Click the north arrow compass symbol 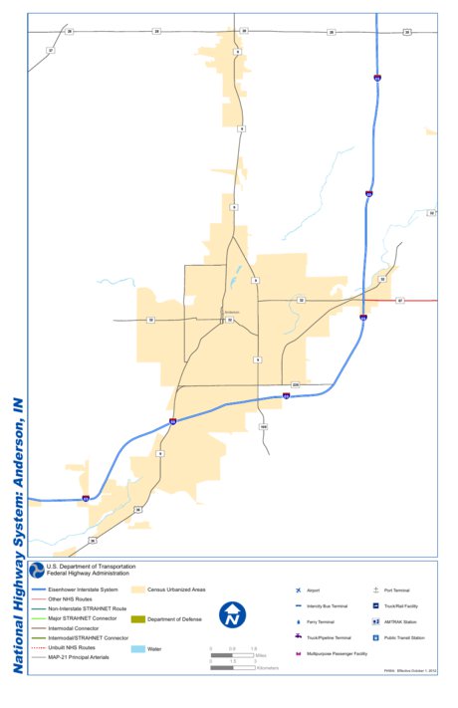point(233,614)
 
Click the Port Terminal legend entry point(397,590)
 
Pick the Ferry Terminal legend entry point(322,621)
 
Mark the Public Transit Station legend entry point(407,637)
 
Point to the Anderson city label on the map point(233,313)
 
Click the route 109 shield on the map point(263,426)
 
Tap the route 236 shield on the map point(296,384)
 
